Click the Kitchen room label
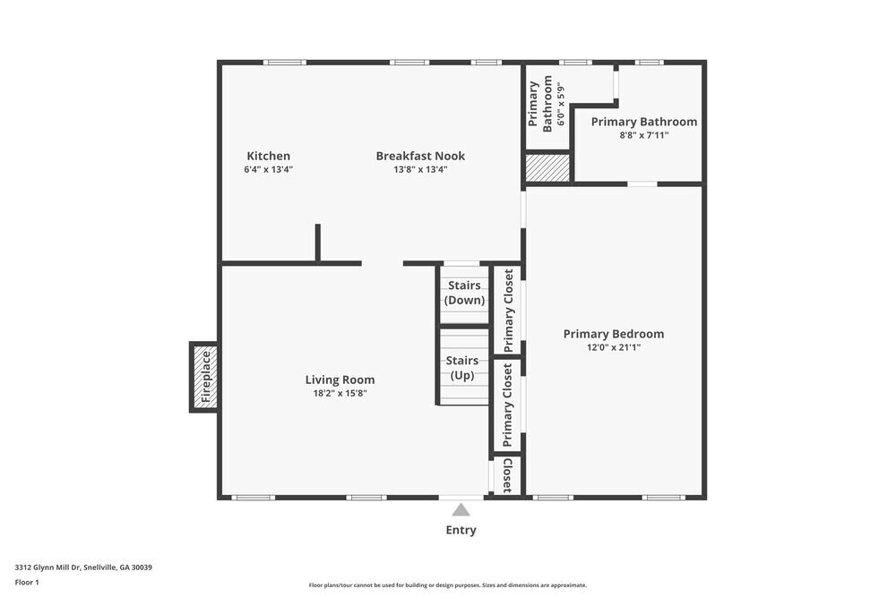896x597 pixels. coord(268,156)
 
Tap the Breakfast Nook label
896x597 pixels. coord(420,156)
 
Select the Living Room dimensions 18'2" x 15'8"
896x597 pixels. coord(340,393)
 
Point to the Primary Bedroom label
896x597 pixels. coord(614,334)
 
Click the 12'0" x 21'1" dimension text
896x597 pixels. coord(614,347)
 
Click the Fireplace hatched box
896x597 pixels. coord(204,377)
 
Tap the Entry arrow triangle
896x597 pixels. coord(461,510)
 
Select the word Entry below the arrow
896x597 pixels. coord(461,530)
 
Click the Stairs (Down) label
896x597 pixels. coord(465,293)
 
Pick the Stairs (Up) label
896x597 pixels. coord(462,368)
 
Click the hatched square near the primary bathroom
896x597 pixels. coord(547,167)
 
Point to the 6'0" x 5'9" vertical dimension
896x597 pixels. coord(561,104)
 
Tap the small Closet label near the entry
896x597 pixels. coord(507,475)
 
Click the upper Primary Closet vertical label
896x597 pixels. coord(509,311)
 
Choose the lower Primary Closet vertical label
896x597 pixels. coord(508,405)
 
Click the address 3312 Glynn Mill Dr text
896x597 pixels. coord(83,567)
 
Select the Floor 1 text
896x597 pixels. coord(27,582)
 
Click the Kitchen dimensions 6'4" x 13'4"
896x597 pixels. coord(268,169)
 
